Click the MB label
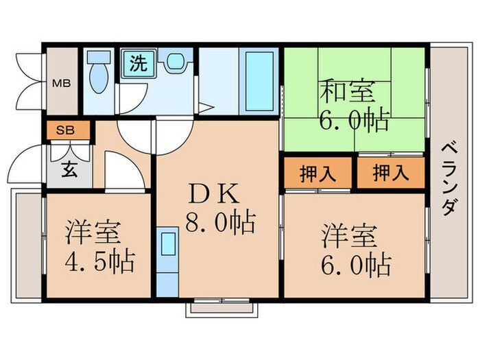point(62,85)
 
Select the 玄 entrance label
point(69,169)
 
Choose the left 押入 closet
point(318,174)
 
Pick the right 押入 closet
point(391,174)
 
